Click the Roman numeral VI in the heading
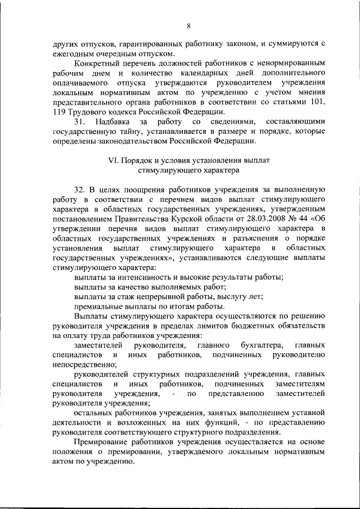(112, 160)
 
